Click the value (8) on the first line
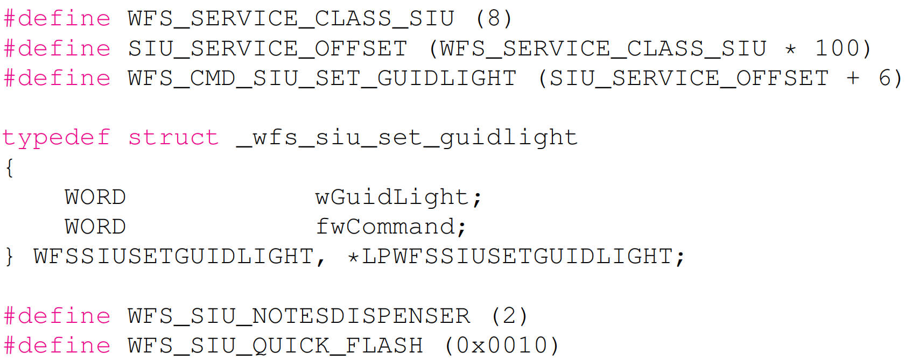pyautogui.click(x=494, y=19)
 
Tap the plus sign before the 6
pyautogui.click(x=853, y=78)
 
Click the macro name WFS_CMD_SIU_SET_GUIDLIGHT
pyautogui.click(x=322, y=79)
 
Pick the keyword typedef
pyautogui.click(x=57, y=138)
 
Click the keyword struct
pyautogui.click(x=173, y=138)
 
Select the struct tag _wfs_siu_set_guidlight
pyautogui.click(x=407, y=138)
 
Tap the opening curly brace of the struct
pyautogui.click(x=9, y=168)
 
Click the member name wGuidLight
pyautogui.click(x=392, y=197)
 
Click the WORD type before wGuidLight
pyautogui.click(x=95, y=197)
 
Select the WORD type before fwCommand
pyautogui.click(x=95, y=227)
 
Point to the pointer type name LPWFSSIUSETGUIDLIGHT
pyautogui.click(x=517, y=257)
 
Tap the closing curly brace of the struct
pyautogui.click(x=9, y=257)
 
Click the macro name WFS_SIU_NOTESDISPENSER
pyautogui.click(x=299, y=316)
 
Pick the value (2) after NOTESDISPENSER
pyautogui.click(x=509, y=316)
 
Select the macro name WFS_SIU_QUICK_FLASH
pyautogui.click(x=275, y=345)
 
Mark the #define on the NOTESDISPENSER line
pyautogui.click(x=57, y=316)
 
